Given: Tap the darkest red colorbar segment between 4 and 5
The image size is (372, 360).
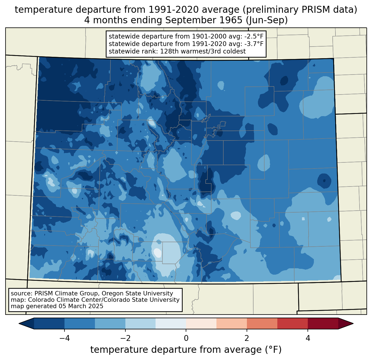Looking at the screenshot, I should pyautogui.click(x=323, y=323).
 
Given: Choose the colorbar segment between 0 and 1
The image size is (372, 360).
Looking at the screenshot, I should pyautogui.click(x=201, y=323).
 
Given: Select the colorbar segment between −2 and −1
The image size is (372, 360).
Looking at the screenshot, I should pyautogui.click(x=140, y=323).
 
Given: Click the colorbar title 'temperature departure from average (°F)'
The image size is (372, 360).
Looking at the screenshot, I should pyautogui.click(x=186, y=350).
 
